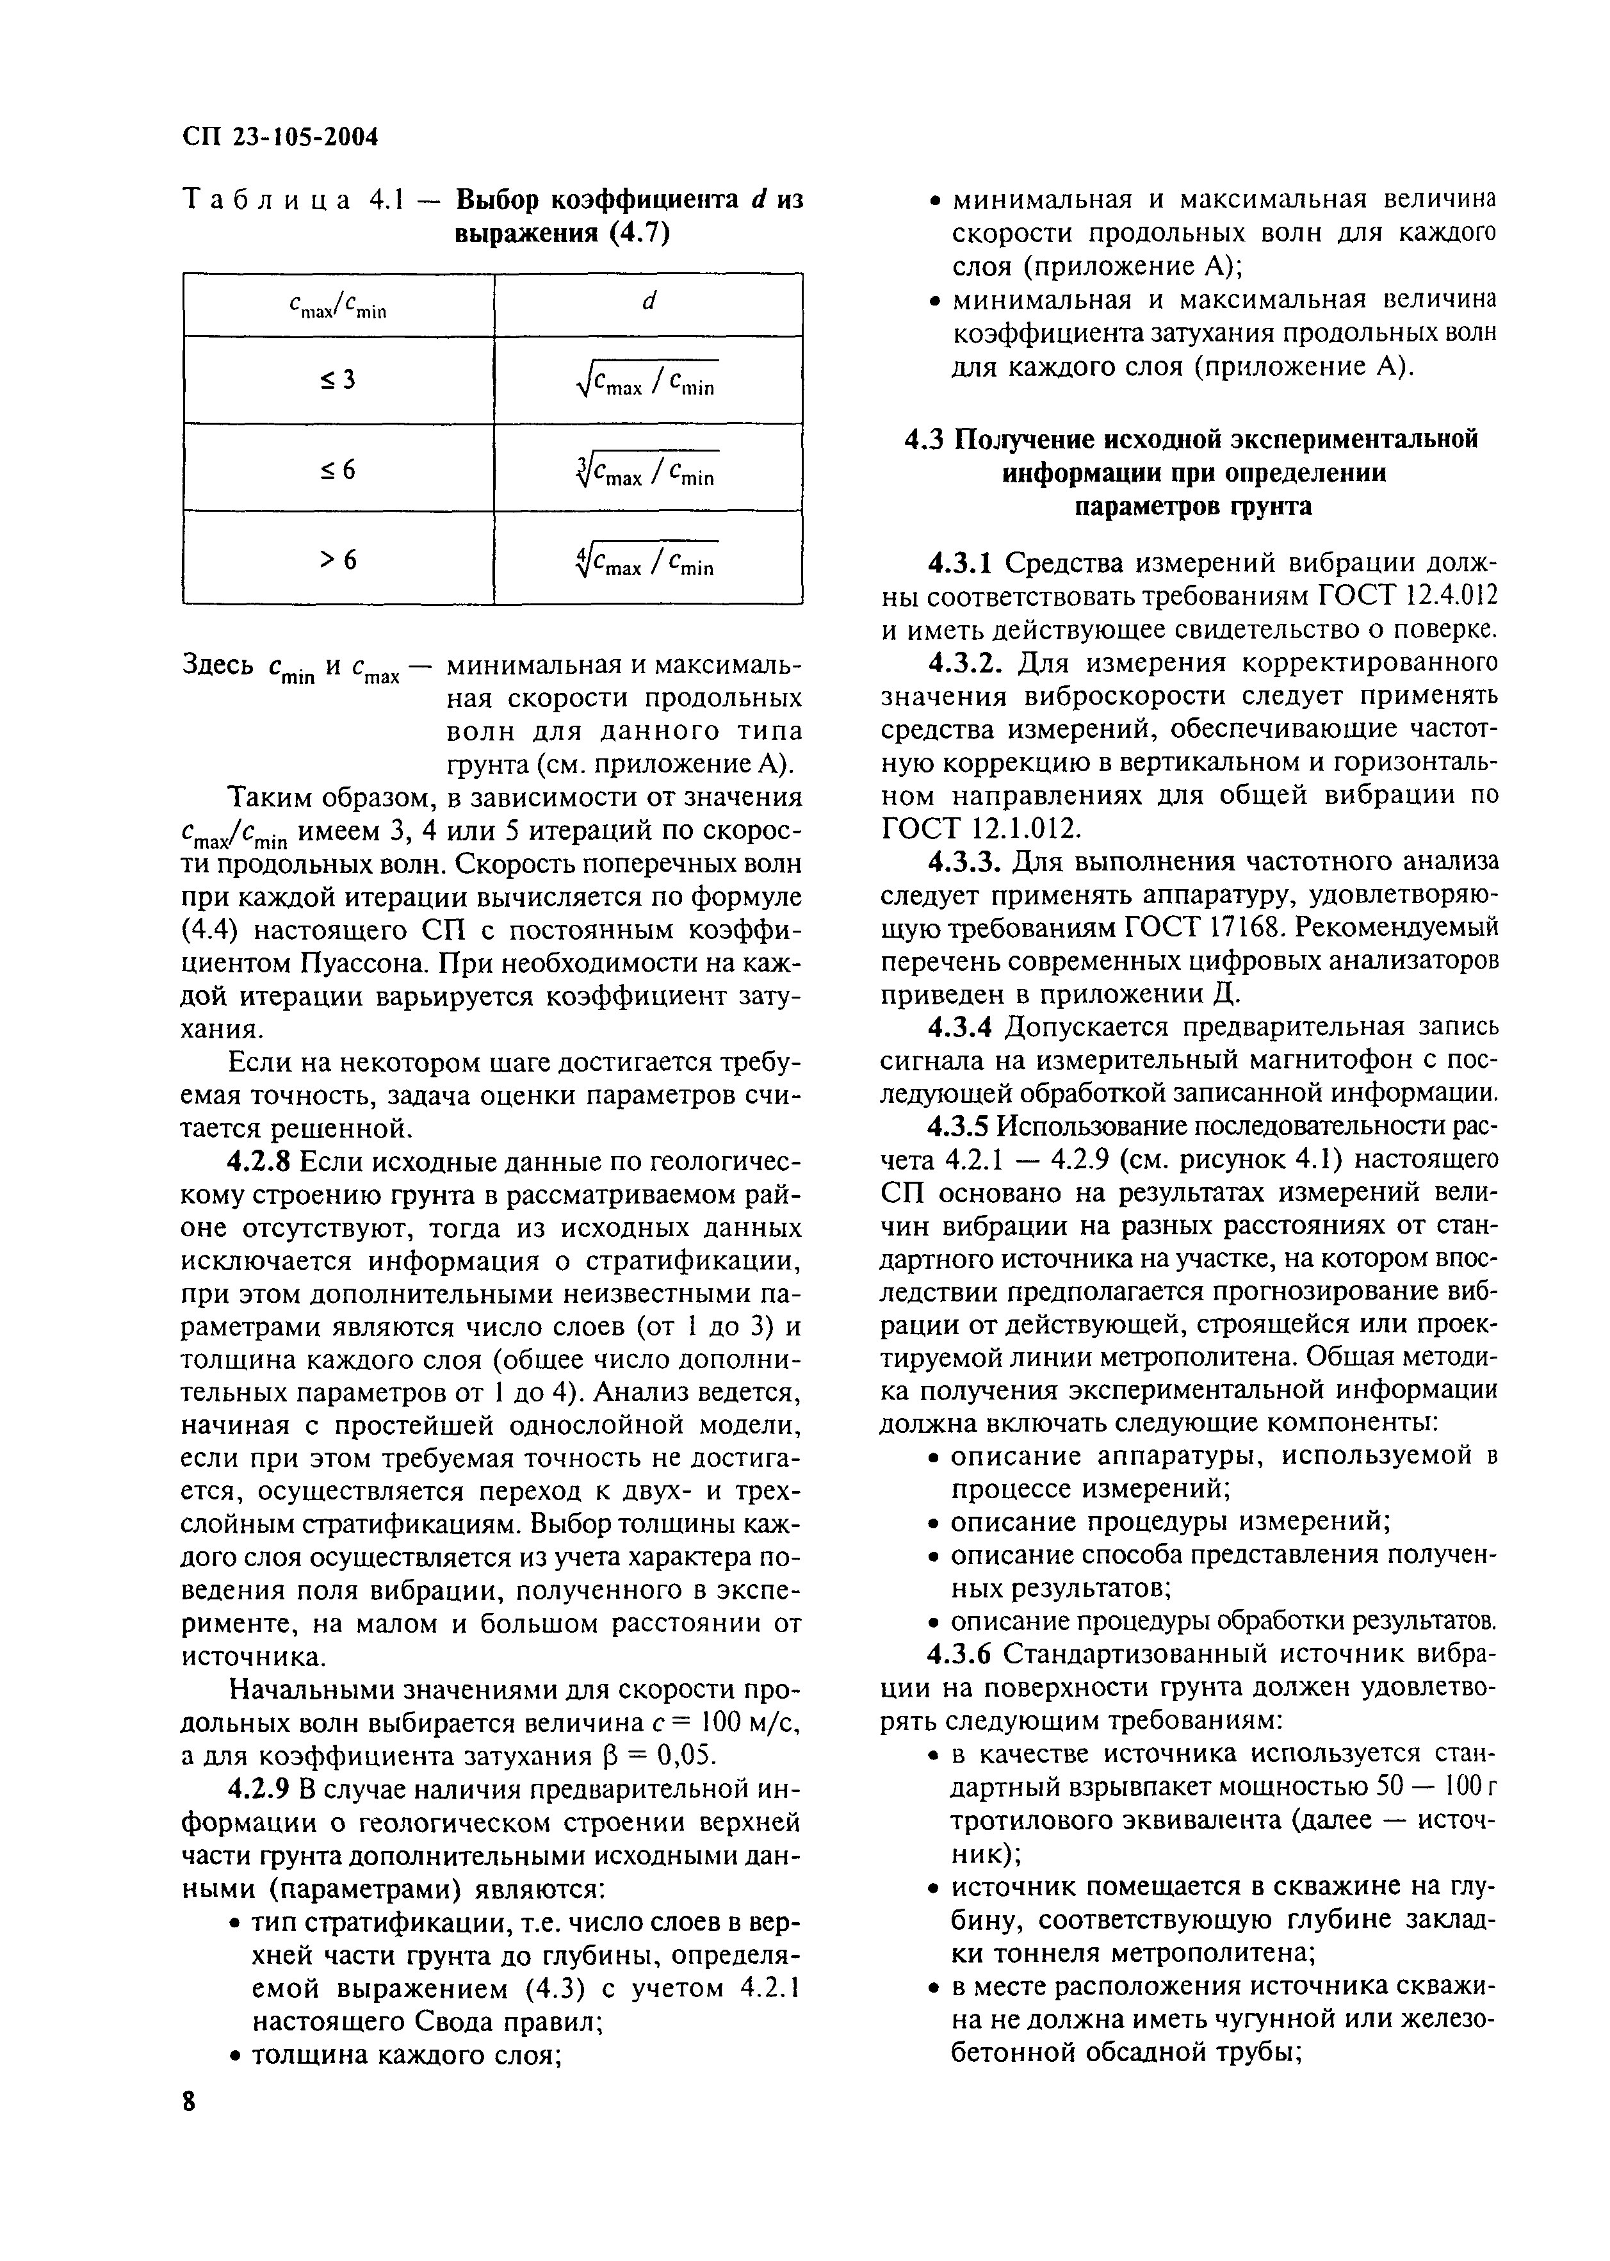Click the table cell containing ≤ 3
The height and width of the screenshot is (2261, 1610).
(338, 380)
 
